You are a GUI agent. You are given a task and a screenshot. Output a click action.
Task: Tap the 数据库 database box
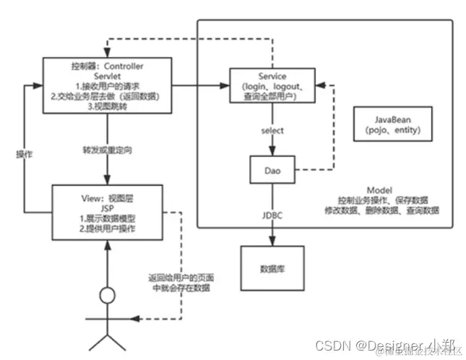[x=272, y=267]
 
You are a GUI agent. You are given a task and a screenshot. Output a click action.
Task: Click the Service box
[x=271, y=87]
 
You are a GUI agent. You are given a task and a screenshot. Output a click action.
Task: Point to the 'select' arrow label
[x=272, y=130]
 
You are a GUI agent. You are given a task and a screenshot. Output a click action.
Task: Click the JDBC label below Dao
[x=272, y=214]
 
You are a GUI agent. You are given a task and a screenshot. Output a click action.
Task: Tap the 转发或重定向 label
[x=107, y=150]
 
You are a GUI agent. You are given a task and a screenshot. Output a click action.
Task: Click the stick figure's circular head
[x=107, y=296]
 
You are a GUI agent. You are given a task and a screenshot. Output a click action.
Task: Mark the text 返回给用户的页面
[x=181, y=278]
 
